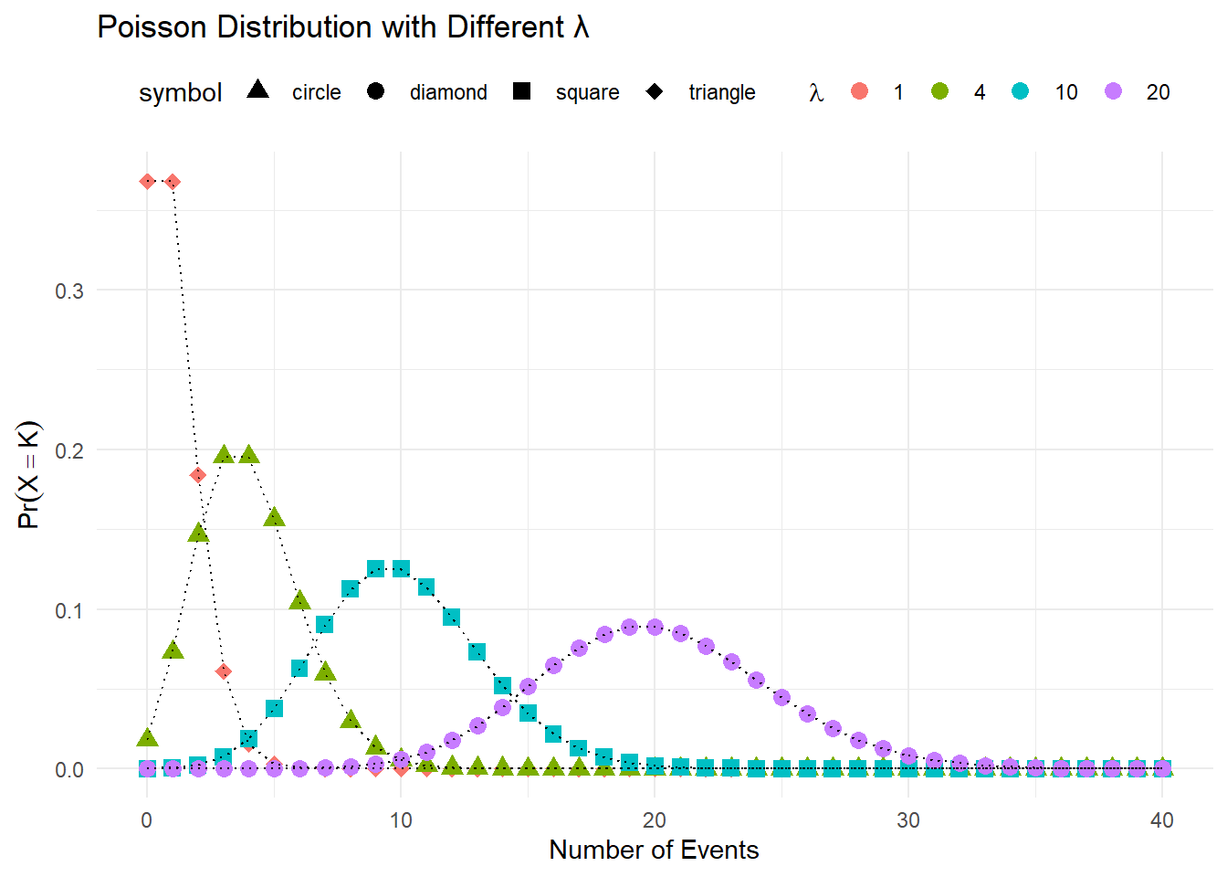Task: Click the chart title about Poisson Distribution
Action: pyautogui.click(x=343, y=27)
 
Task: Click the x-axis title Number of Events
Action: pyautogui.click(x=654, y=850)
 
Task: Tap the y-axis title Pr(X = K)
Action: pyautogui.click(x=29, y=474)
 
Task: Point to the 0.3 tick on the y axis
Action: pyautogui.click(x=69, y=291)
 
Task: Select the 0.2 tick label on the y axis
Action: pyautogui.click(x=69, y=451)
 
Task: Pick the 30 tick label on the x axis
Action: pyautogui.click(x=907, y=820)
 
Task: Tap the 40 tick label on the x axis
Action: pyautogui.click(x=1161, y=820)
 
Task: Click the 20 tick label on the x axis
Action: pyautogui.click(x=654, y=820)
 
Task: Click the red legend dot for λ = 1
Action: pyautogui.click(x=859, y=91)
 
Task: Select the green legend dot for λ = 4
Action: pyautogui.click(x=939, y=91)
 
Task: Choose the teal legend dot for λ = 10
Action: pyautogui.click(x=1021, y=91)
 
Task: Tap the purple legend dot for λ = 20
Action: pyautogui.click(x=1113, y=91)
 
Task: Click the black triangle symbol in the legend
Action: pyautogui.click(x=258, y=90)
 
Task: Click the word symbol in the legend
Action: pyautogui.click(x=181, y=93)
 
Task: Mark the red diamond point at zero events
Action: pyautogui.click(x=147, y=182)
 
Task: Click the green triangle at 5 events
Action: pyautogui.click(x=274, y=518)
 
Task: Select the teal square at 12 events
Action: pyautogui.click(x=451, y=617)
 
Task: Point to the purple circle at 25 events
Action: pyautogui.click(x=781, y=697)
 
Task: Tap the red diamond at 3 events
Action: pyautogui.click(x=224, y=671)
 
